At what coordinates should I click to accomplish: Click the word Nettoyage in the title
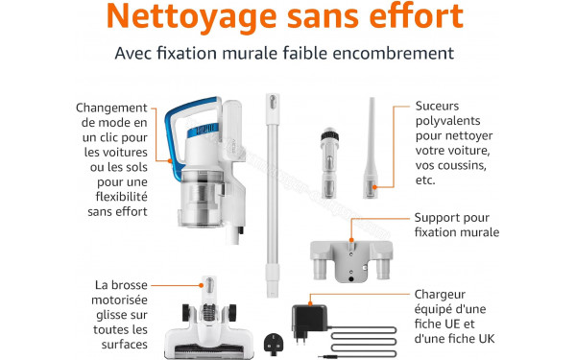click(191, 17)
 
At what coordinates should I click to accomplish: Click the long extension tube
click(273, 195)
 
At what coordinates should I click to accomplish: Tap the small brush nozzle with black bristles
click(329, 163)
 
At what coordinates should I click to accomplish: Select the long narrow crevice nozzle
click(371, 148)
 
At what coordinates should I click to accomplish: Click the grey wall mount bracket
click(351, 260)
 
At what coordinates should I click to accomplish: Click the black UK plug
click(274, 344)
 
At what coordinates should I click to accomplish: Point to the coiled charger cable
click(364, 342)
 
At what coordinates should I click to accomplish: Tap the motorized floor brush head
click(208, 324)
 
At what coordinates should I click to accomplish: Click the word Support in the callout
click(435, 218)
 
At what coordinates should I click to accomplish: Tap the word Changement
click(111, 108)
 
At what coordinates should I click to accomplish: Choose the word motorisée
click(119, 300)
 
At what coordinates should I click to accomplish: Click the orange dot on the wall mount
click(351, 240)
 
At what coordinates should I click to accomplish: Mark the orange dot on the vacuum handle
click(170, 160)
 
